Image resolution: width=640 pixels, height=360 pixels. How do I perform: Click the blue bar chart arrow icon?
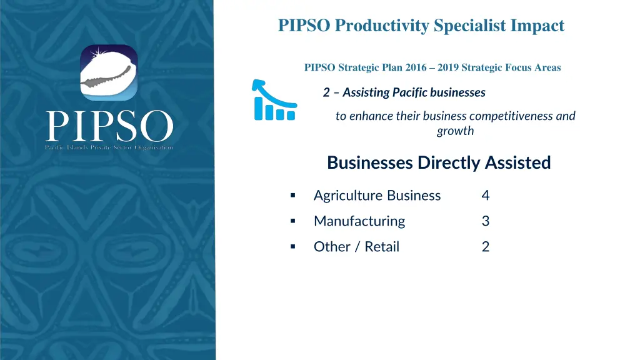point(273,99)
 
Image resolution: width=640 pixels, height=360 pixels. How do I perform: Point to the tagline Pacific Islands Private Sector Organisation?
point(109,147)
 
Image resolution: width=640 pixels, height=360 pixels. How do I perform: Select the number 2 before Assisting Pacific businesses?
point(326,92)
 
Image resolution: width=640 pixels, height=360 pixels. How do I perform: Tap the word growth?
point(455,131)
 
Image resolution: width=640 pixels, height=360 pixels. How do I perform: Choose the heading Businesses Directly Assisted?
point(439,162)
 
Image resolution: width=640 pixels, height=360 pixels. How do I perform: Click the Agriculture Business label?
point(377,196)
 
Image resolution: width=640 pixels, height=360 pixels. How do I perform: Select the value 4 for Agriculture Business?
point(486,196)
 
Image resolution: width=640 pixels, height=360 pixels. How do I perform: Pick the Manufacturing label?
point(359,221)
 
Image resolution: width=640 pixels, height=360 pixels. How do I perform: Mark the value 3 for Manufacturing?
point(486,221)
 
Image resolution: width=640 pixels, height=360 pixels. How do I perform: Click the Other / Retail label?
point(356,247)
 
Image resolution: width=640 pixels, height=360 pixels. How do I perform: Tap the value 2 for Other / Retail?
point(486,247)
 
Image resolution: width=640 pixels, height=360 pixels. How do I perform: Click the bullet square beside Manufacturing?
point(292,221)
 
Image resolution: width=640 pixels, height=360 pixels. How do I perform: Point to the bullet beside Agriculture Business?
point(292,196)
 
